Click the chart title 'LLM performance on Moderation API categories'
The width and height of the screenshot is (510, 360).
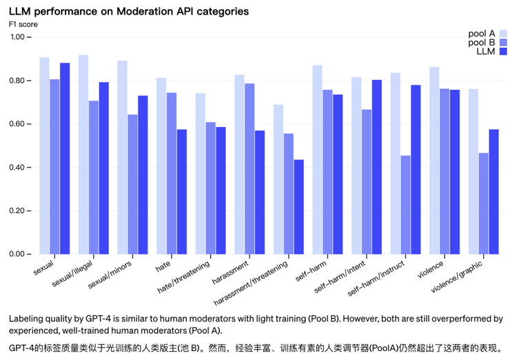pos(129,12)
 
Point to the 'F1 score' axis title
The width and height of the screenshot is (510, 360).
pos(23,24)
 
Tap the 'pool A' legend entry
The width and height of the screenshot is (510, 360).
pos(482,32)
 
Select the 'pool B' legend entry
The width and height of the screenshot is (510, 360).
pos(482,42)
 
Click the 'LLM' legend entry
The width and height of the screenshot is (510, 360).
pos(487,52)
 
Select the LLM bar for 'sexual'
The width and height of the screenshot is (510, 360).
pos(65,159)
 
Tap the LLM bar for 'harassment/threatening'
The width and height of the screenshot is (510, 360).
pos(298,207)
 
